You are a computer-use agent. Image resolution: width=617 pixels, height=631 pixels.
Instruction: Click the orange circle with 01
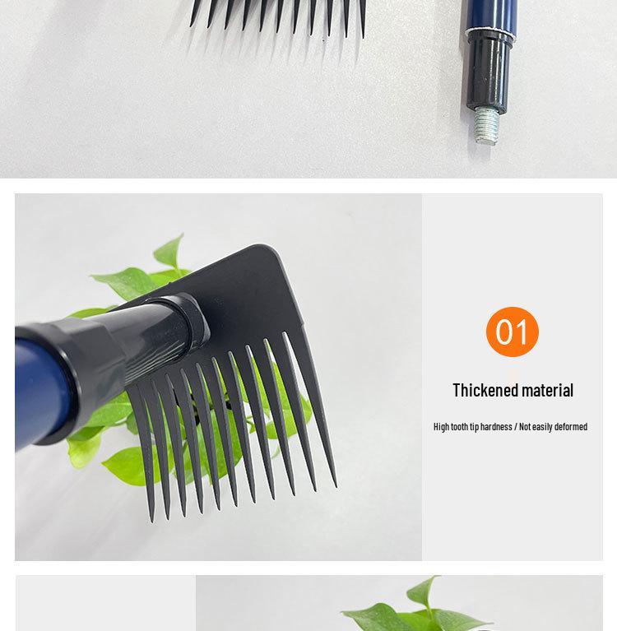pyautogui.click(x=512, y=332)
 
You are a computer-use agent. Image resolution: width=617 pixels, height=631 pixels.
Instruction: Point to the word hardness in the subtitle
pyautogui.click(x=495, y=427)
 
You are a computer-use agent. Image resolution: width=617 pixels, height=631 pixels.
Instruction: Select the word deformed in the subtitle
pyautogui.click(x=570, y=427)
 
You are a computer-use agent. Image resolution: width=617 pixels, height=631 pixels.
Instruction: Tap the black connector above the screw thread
pyautogui.click(x=485, y=74)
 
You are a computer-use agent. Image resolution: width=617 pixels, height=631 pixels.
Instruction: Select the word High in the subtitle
pyautogui.click(x=441, y=427)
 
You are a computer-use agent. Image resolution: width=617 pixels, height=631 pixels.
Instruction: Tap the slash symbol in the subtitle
pyautogui.click(x=516, y=427)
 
